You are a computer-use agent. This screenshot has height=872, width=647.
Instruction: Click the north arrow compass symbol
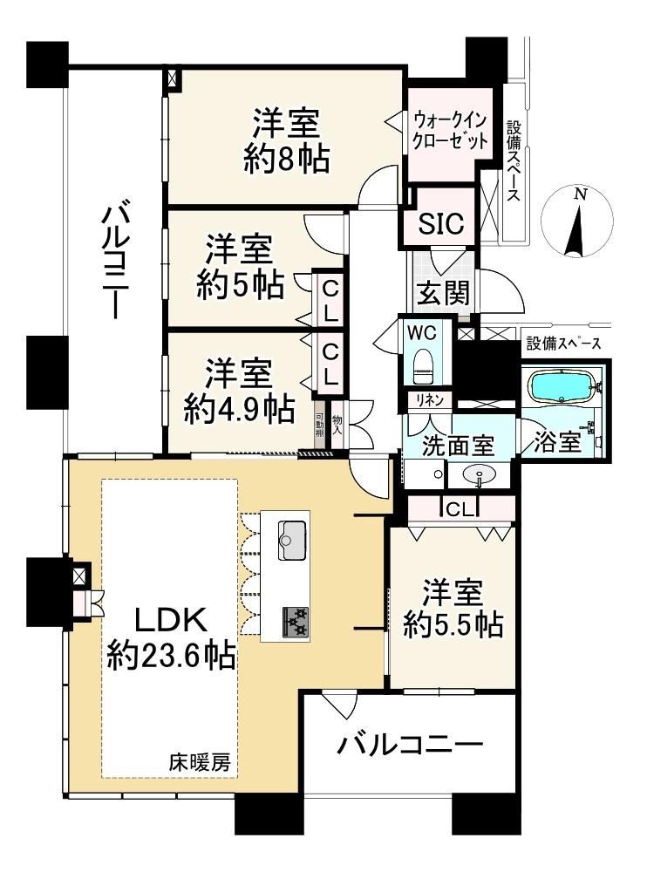577,221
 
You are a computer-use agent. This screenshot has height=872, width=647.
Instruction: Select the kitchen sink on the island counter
292,540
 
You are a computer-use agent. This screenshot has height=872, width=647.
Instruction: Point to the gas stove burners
296,622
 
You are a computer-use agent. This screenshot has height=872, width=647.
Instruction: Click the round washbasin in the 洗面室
479,475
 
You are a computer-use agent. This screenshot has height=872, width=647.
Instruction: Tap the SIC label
440,223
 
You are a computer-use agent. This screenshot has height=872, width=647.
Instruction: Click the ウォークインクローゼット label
450,130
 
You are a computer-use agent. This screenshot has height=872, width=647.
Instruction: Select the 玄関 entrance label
444,293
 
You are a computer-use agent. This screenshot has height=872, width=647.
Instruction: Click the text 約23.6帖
171,656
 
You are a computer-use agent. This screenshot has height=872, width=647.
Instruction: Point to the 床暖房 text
199,762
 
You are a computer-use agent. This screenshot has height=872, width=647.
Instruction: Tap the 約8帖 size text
287,159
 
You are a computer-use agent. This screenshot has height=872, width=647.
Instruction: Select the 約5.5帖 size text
453,624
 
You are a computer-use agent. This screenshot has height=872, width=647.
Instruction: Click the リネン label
426,399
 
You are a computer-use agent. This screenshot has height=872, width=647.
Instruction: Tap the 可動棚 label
319,426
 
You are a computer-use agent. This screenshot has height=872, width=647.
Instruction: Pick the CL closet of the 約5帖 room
330,302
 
